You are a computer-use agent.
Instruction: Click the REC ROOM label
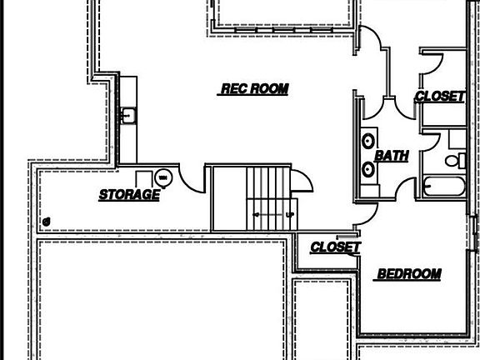click(255, 89)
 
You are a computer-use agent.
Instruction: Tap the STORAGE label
click(129, 195)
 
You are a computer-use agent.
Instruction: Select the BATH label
click(392, 156)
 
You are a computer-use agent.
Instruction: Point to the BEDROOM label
click(409, 273)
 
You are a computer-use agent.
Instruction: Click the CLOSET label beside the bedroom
click(336, 247)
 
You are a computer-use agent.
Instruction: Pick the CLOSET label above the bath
click(440, 96)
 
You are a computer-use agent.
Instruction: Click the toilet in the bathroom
click(456, 161)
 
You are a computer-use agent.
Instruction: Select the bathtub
click(444, 186)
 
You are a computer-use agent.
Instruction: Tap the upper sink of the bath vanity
click(368, 141)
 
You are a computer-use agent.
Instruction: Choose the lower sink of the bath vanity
click(368, 169)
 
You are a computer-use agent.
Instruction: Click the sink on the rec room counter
click(128, 115)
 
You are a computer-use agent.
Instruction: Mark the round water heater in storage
click(163, 177)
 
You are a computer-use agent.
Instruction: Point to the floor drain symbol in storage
click(47, 222)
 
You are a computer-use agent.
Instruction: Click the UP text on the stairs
click(290, 215)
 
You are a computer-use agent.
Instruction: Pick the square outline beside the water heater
click(144, 179)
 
